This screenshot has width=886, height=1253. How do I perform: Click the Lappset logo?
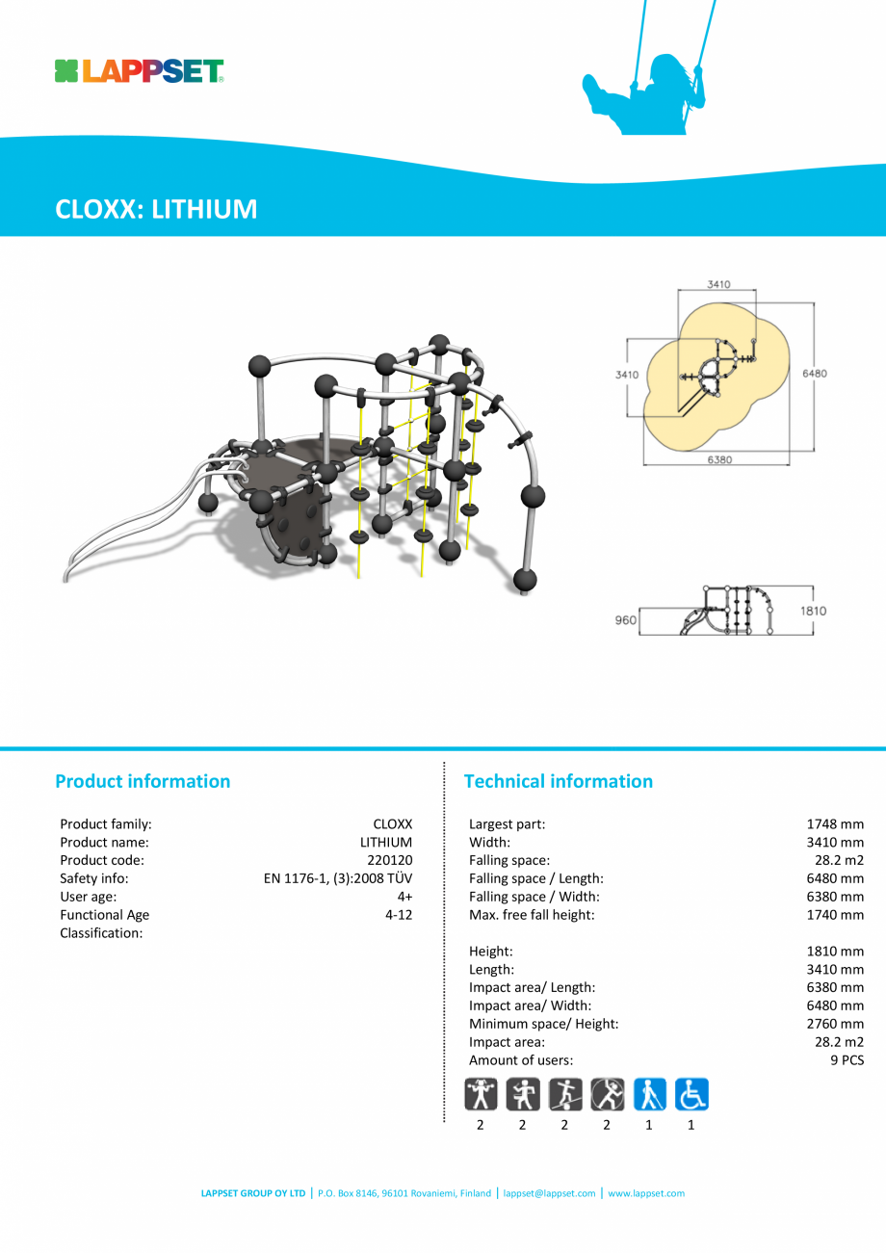pyautogui.click(x=140, y=71)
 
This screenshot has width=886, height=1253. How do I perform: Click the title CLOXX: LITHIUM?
pyautogui.click(x=156, y=209)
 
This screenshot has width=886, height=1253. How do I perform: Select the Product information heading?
pyautogui.click(x=143, y=781)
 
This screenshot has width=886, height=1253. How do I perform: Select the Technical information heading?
pyautogui.click(x=558, y=781)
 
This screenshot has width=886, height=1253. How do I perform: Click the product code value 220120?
pyautogui.click(x=389, y=860)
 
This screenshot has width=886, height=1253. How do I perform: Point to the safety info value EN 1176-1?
pyautogui.click(x=337, y=878)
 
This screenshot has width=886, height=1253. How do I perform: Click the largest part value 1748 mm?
pyautogui.click(x=834, y=823)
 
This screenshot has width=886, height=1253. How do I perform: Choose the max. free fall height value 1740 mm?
pyautogui.click(x=834, y=915)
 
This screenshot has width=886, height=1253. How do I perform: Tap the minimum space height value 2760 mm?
pyautogui.click(x=834, y=1024)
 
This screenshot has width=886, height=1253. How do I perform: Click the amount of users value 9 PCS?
pyautogui.click(x=840, y=1060)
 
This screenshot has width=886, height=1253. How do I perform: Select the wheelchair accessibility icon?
pyautogui.click(x=691, y=1094)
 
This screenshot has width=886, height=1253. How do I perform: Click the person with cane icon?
pyautogui.click(x=649, y=1094)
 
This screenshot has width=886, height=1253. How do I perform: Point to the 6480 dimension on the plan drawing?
pyautogui.click(x=814, y=374)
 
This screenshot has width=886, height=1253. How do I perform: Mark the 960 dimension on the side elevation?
pyautogui.click(x=625, y=620)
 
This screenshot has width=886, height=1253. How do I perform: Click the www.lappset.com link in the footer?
pyautogui.click(x=646, y=1193)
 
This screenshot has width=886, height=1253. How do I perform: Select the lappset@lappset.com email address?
pyautogui.click(x=549, y=1193)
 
